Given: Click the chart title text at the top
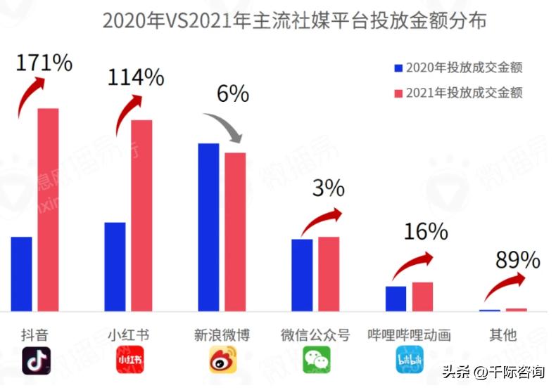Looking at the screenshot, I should pos(294,20).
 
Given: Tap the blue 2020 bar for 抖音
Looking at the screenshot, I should pos(22,273).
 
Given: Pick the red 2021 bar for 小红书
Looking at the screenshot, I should pos(141,215).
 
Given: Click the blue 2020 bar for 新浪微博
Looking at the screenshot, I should pos(208,227).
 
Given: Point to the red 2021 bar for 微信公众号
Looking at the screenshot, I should pos(329,273).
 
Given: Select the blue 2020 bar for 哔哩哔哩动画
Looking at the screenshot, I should pos(396,298).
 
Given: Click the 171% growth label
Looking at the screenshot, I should pos(44,63).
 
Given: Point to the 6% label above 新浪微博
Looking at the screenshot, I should pos(232,93).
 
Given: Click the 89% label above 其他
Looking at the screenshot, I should pos(517,260).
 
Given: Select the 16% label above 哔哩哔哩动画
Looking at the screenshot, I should pos(426,231).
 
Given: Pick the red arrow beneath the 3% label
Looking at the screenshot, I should pos(321,221).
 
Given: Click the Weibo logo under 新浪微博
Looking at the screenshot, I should pos(223,360).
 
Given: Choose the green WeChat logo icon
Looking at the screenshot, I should pos(316,360).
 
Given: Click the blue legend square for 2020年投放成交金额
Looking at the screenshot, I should pos(398,68).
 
